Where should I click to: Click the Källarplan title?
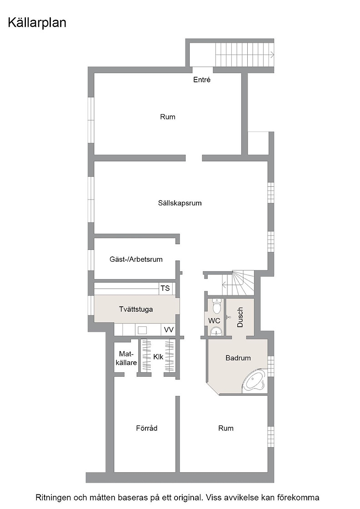coord(37,23)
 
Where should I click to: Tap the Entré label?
coord(202,80)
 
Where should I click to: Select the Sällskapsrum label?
coord(180,203)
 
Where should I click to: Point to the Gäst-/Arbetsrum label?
coord(136,259)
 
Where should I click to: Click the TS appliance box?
coord(165,288)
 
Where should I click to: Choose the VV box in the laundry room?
coord(169,330)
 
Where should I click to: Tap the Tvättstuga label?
coord(136,309)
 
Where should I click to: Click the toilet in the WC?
coord(216,306)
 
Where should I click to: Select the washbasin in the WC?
coord(216,331)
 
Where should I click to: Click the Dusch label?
coord(240,317)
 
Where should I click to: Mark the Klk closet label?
coord(159,357)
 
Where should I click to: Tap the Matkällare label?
coord(126,359)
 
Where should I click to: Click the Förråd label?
coord(147,428)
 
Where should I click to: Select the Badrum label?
coord(238,358)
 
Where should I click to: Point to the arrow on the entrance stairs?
coord(271,54)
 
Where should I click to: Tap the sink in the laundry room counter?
coord(142,330)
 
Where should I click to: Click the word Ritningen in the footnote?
coord(53,498)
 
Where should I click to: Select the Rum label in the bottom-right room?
coord(226,428)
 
